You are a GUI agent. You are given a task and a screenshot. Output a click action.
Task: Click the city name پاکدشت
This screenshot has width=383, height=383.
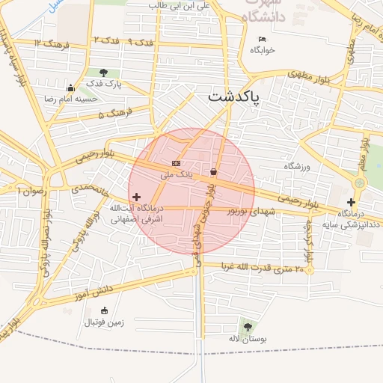[233, 96]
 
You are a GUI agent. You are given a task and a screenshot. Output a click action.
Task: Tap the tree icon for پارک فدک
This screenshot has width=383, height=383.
[103, 73]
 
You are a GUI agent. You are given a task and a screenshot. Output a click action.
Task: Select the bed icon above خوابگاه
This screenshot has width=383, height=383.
[262, 39]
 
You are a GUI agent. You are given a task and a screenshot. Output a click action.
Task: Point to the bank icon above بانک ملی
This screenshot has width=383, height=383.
[176, 163]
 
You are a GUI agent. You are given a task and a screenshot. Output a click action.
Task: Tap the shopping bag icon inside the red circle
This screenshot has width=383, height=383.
[215, 172]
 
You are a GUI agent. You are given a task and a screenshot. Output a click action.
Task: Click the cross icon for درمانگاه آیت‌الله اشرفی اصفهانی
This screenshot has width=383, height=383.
[136, 197]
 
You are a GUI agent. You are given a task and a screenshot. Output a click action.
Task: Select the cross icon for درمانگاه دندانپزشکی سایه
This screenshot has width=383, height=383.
[351, 202]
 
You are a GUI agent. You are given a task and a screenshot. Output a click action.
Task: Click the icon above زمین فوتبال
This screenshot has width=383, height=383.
[103, 311]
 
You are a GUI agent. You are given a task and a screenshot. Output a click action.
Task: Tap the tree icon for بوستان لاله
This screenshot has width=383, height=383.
[247, 326]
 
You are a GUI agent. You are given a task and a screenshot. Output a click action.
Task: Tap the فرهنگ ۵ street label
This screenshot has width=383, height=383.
[115, 114]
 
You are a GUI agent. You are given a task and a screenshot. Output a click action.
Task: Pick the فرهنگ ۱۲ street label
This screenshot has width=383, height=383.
[51, 44]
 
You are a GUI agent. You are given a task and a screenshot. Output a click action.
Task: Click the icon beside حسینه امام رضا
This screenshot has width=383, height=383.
[70, 88]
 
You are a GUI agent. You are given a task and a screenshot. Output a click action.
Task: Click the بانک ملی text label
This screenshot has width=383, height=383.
[177, 174]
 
